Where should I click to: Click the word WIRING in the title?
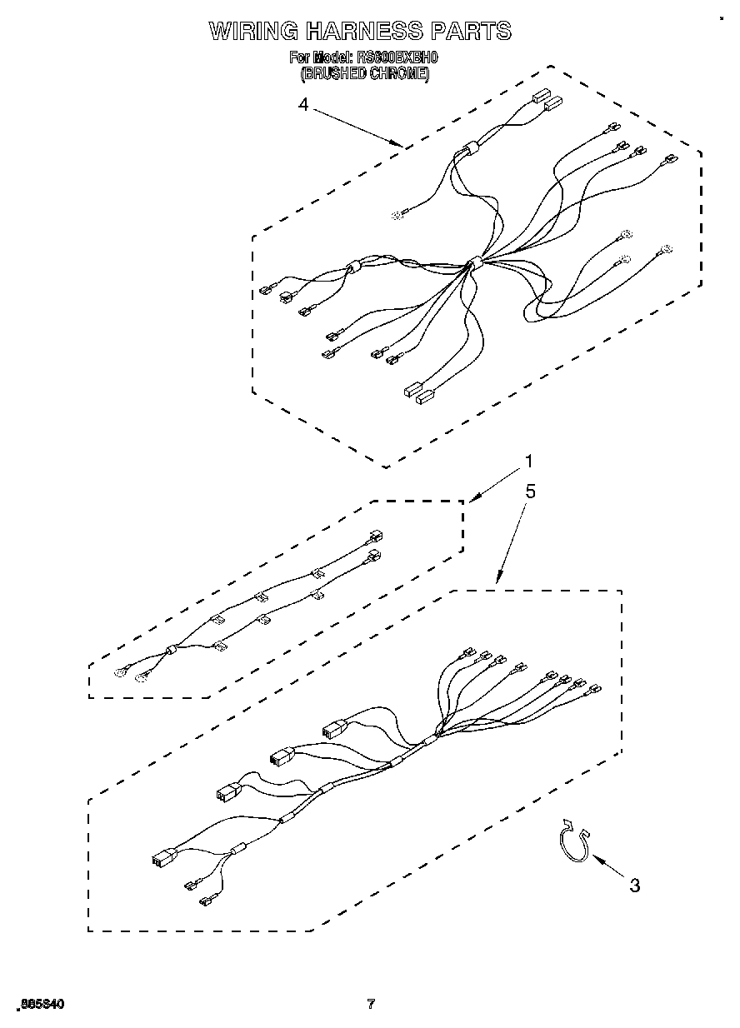[252, 32]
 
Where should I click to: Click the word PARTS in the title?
[470, 32]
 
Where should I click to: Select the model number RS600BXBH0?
[395, 58]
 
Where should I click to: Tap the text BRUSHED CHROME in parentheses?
[365, 73]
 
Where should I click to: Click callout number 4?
[303, 105]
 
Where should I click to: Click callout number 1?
[527, 462]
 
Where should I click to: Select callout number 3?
[635, 886]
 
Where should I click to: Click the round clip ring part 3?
[573, 842]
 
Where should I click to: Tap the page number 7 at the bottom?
[371, 1004]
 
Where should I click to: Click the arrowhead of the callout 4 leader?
[400, 146]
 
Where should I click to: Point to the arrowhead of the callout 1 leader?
[472, 500]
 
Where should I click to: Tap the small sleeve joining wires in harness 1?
[172, 651]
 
